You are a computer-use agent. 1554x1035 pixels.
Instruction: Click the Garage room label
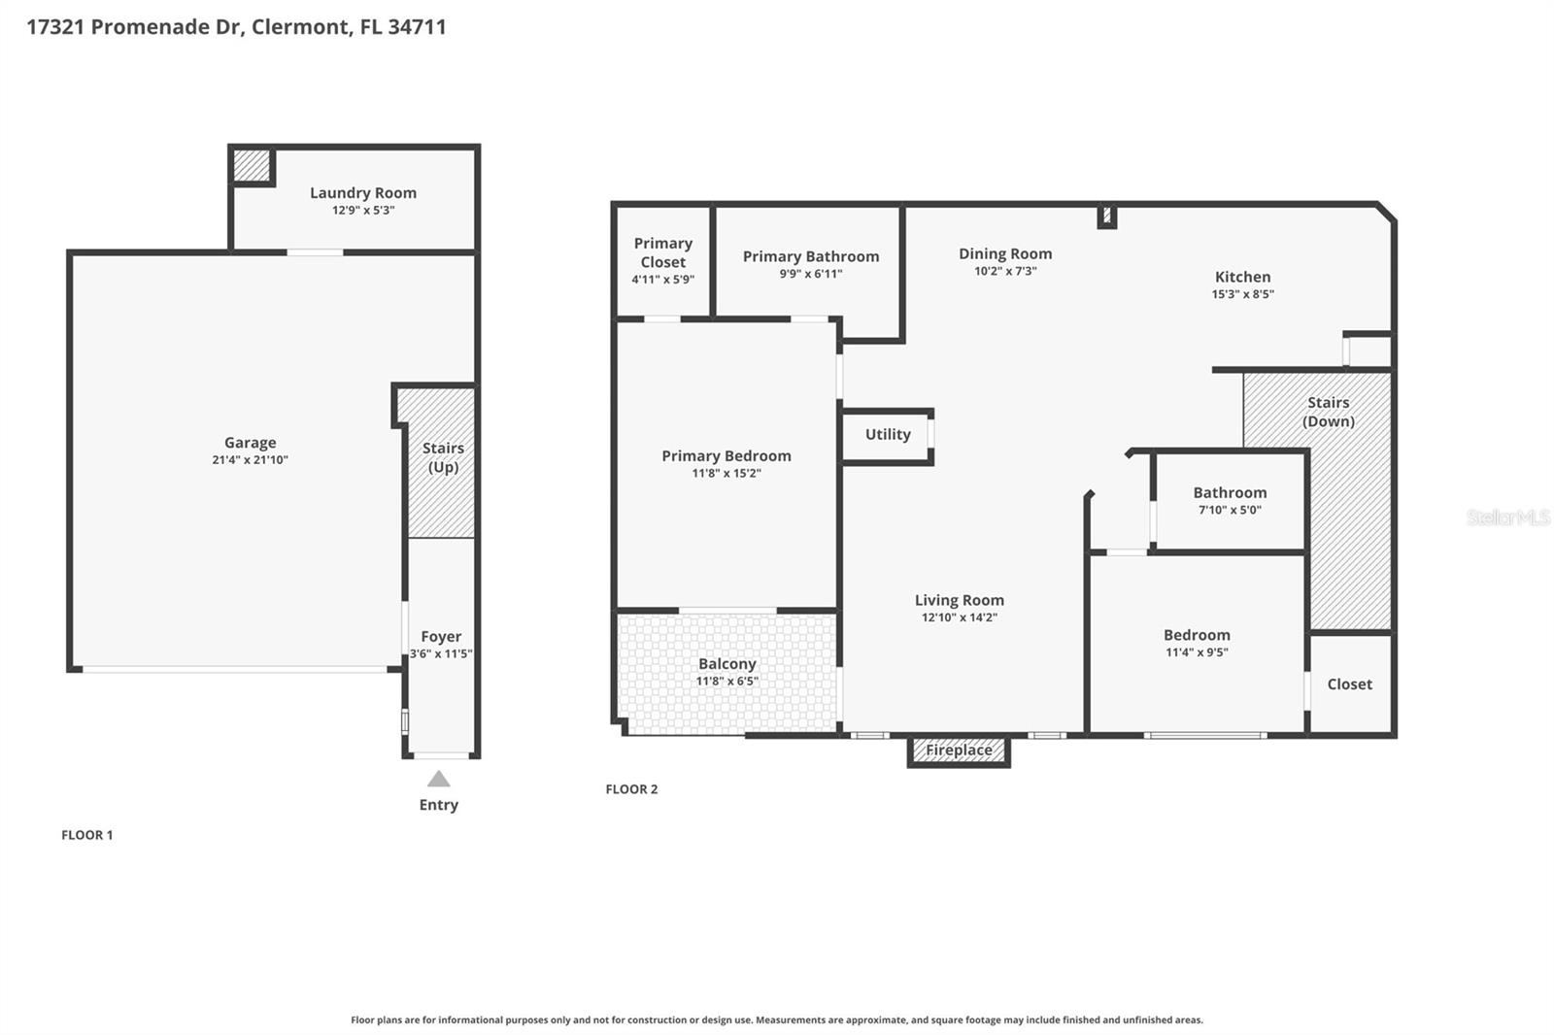click(250, 443)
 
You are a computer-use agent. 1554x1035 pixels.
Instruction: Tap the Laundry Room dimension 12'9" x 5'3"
click(363, 211)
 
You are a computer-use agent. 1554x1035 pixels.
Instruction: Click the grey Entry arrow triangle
click(439, 779)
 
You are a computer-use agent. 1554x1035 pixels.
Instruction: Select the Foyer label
click(441, 637)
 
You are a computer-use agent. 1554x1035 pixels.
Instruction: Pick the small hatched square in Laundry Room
click(252, 165)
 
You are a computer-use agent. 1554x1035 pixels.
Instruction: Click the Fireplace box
click(959, 751)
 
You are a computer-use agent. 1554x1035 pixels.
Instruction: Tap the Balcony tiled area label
click(726, 664)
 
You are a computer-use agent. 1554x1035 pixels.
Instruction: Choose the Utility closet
click(887, 435)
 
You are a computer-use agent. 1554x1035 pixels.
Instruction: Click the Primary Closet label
click(663, 252)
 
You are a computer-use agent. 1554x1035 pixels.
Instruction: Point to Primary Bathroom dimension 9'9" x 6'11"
click(811, 274)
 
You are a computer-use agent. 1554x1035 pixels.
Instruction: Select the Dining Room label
click(1005, 253)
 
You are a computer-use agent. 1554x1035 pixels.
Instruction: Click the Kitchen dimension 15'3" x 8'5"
click(1242, 294)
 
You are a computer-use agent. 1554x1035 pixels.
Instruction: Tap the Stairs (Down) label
click(1328, 412)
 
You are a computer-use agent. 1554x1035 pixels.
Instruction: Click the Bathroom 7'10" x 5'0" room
click(1230, 501)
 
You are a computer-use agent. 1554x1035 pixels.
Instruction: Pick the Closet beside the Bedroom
click(1349, 684)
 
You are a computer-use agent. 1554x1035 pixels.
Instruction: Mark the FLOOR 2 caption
click(631, 789)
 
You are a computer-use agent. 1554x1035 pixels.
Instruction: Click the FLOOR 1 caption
click(87, 835)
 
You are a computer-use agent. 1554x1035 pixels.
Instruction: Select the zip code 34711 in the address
click(417, 27)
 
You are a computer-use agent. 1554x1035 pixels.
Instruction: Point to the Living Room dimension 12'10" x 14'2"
click(959, 618)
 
